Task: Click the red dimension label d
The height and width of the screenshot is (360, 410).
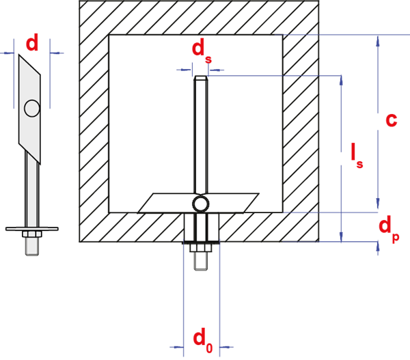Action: click(x=32, y=42)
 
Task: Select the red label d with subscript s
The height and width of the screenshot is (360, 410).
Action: click(x=202, y=53)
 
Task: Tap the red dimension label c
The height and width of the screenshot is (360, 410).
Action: click(x=392, y=120)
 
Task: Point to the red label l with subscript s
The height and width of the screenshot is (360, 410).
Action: click(x=357, y=155)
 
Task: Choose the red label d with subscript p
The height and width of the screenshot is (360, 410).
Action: click(x=389, y=228)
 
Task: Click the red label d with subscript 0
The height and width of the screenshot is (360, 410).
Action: click(x=203, y=340)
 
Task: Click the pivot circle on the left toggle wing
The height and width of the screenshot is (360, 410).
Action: click(x=32, y=108)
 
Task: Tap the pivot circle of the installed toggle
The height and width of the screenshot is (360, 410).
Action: click(x=200, y=204)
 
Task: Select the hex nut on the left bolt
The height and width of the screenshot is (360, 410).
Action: click(x=32, y=234)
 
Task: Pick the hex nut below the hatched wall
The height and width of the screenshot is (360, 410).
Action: click(x=200, y=248)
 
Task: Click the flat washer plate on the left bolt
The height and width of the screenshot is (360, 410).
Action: click(x=32, y=229)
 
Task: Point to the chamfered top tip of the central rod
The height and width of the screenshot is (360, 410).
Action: click(x=200, y=78)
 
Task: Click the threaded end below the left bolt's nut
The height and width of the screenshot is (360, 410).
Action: click(x=32, y=246)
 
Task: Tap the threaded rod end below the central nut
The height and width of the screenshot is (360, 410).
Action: click(x=201, y=261)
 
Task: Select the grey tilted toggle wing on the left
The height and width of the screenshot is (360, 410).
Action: click(x=29, y=109)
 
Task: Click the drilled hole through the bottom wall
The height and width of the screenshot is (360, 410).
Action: click(x=202, y=227)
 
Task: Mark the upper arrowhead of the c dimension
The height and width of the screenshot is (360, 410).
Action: click(x=378, y=41)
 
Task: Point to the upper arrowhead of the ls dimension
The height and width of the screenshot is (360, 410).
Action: click(x=341, y=81)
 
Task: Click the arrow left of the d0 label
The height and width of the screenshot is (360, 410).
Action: click(x=177, y=347)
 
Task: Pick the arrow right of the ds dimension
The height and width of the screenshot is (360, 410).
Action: click(x=216, y=70)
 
